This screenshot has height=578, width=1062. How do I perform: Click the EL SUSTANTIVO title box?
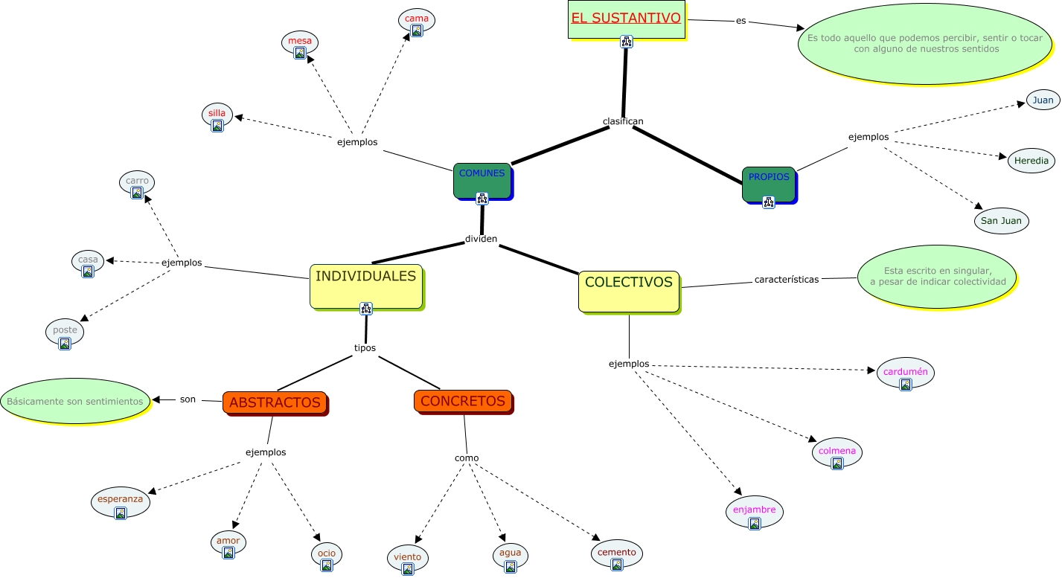click(x=626, y=19)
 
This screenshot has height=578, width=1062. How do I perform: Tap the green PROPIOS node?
click(x=769, y=184)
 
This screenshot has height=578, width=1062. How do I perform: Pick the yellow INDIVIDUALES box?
click(x=365, y=286)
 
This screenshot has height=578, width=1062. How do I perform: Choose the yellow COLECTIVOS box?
click(x=629, y=291)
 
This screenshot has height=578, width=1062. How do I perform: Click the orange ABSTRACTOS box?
click(x=275, y=402)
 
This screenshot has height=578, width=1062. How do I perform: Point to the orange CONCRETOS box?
click(x=463, y=401)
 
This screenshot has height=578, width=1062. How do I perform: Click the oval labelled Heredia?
click(x=1031, y=161)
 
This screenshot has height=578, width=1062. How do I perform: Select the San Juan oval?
click(x=1001, y=221)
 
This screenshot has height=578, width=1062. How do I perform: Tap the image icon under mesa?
click(x=300, y=53)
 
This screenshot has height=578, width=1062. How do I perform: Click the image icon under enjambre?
click(x=755, y=524)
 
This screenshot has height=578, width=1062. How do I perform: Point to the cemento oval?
click(x=616, y=553)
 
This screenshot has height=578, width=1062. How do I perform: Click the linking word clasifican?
click(x=623, y=121)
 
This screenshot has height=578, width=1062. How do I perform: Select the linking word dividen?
click(x=481, y=239)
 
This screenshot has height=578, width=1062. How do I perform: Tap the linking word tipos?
click(x=365, y=347)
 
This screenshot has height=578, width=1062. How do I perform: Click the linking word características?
click(x=786, y=280)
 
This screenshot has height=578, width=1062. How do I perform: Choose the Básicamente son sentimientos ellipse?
click(x=75, y=401)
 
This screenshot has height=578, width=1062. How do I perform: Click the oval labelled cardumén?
click(x=905, y=373)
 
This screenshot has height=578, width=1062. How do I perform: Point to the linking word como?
click(x=467, y=457)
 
